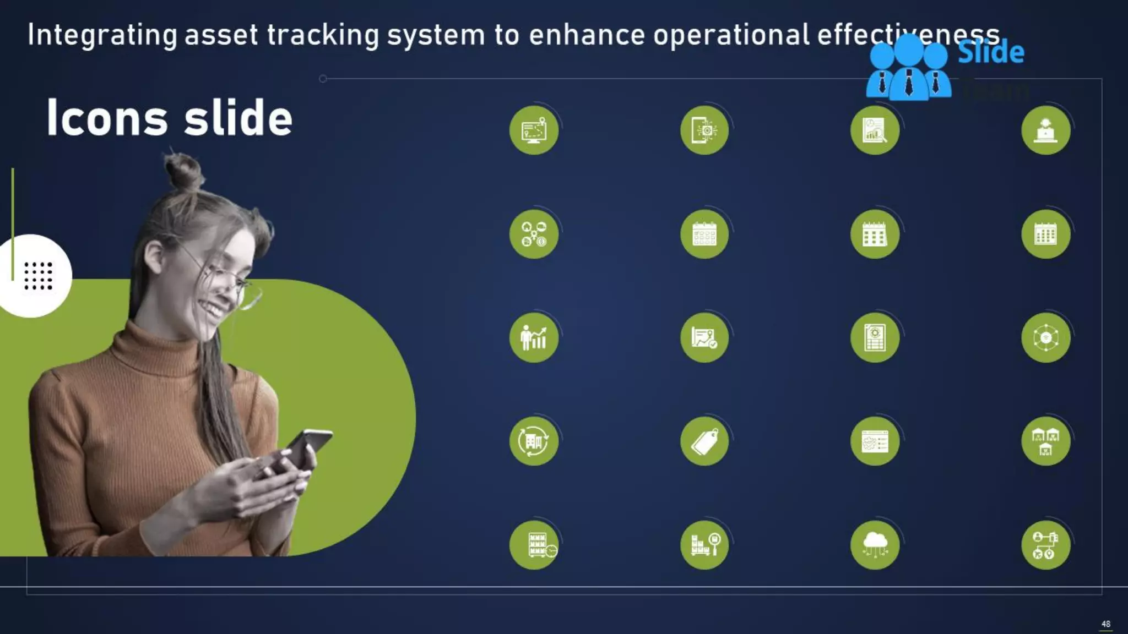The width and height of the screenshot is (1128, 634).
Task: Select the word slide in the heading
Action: [238, 118]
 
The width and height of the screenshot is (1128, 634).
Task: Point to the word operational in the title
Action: [731, 35]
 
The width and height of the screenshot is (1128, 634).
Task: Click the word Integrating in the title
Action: [102, 35]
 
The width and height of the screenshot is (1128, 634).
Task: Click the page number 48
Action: [1105, 624]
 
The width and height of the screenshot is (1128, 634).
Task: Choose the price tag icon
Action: [704, 441]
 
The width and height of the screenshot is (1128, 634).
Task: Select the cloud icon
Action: [875, 544]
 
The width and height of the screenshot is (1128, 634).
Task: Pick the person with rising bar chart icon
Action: [534, 338]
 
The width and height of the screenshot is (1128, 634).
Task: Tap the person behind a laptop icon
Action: [1045, 130]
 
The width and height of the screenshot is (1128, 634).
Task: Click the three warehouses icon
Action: [1045, 441]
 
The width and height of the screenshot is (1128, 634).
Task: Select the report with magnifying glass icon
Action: [875, 130]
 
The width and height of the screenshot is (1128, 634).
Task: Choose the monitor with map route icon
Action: [534, 130]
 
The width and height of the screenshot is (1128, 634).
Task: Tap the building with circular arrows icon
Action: [534, 441]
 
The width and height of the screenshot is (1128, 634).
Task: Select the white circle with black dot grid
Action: [36, 275]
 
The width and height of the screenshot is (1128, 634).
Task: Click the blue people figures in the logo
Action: [909, 69]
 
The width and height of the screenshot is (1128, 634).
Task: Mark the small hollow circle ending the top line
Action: [323, 79]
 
